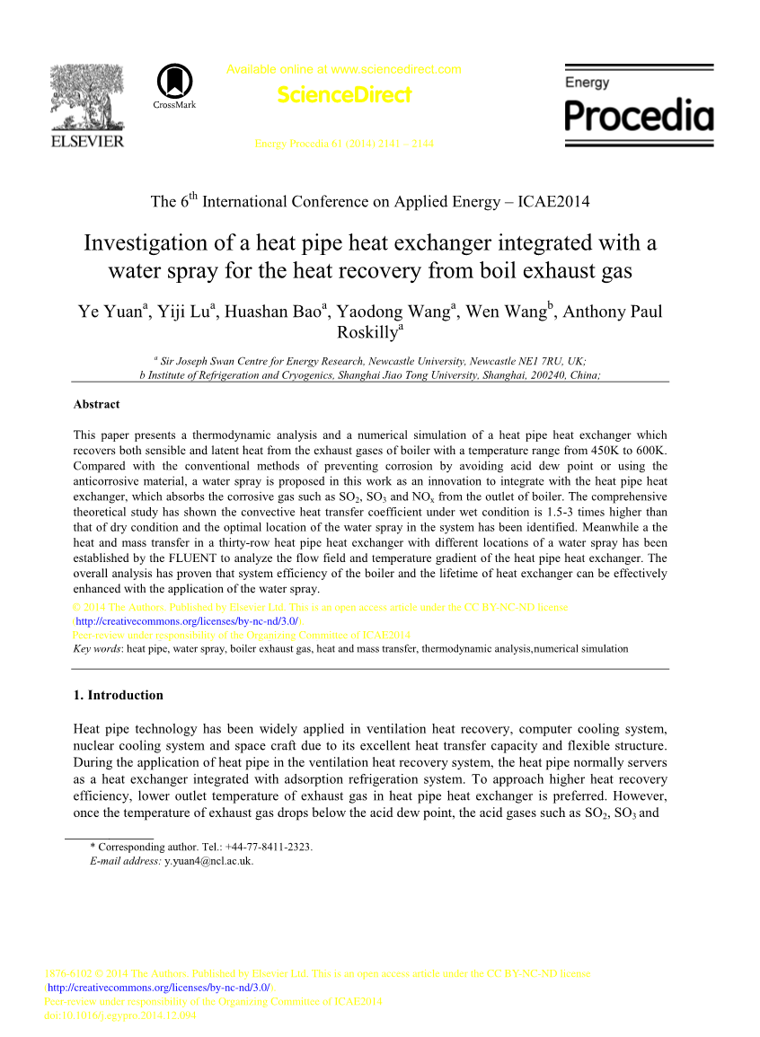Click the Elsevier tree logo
coord(87,96)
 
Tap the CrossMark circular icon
coord(174,82)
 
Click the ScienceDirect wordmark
coord(344,94)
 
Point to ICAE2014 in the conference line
coord(553,201)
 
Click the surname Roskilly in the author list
coord(367,332)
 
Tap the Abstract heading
coord(96,405)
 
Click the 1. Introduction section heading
coord(118,695)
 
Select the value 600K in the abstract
coord(650,449)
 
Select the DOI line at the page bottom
coord(121,1016)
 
